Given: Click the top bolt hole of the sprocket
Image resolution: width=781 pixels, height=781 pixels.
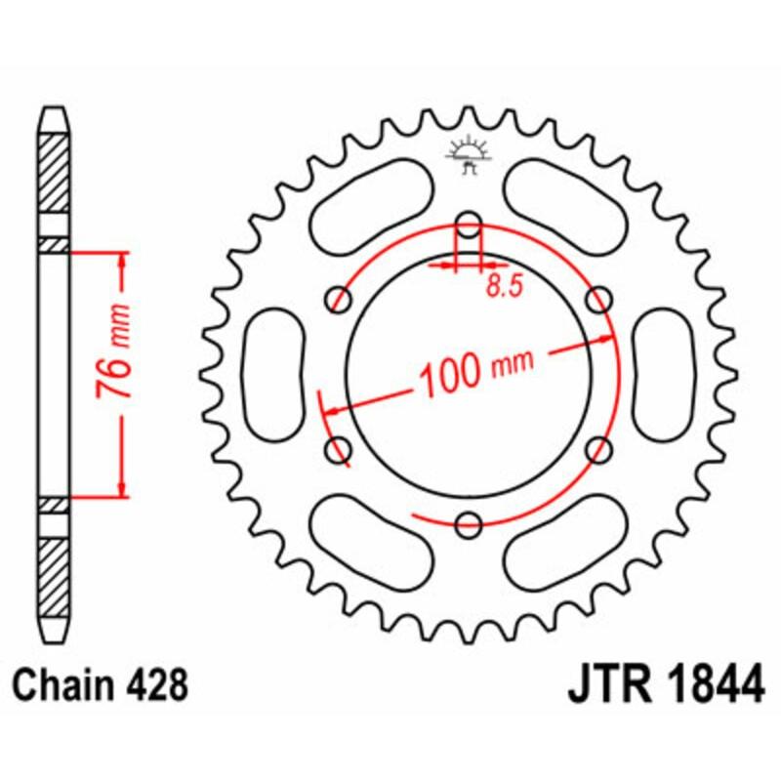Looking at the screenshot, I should click(470, 221).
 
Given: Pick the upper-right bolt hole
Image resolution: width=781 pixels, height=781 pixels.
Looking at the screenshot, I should click(600, 297).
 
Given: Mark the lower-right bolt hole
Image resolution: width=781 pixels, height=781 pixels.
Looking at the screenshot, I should click(600, 449).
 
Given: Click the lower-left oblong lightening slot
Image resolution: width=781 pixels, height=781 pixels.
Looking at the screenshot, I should click(371, 543).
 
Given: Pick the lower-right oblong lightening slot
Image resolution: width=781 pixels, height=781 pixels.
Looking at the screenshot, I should click(568, 543).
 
